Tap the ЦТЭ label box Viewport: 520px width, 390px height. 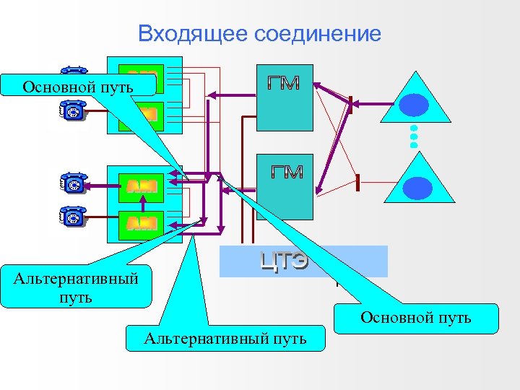coord(303,261)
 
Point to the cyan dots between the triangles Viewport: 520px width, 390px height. coord(414,136)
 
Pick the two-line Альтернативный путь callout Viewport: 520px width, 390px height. coord(77,287)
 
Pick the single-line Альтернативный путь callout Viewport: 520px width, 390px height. coord(225,337)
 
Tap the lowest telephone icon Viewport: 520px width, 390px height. coord(73,216)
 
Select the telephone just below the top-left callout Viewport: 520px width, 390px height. coord(73,109)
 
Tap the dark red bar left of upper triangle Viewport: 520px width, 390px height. coord(350,104)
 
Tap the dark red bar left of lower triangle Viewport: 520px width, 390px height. coord(357,183)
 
